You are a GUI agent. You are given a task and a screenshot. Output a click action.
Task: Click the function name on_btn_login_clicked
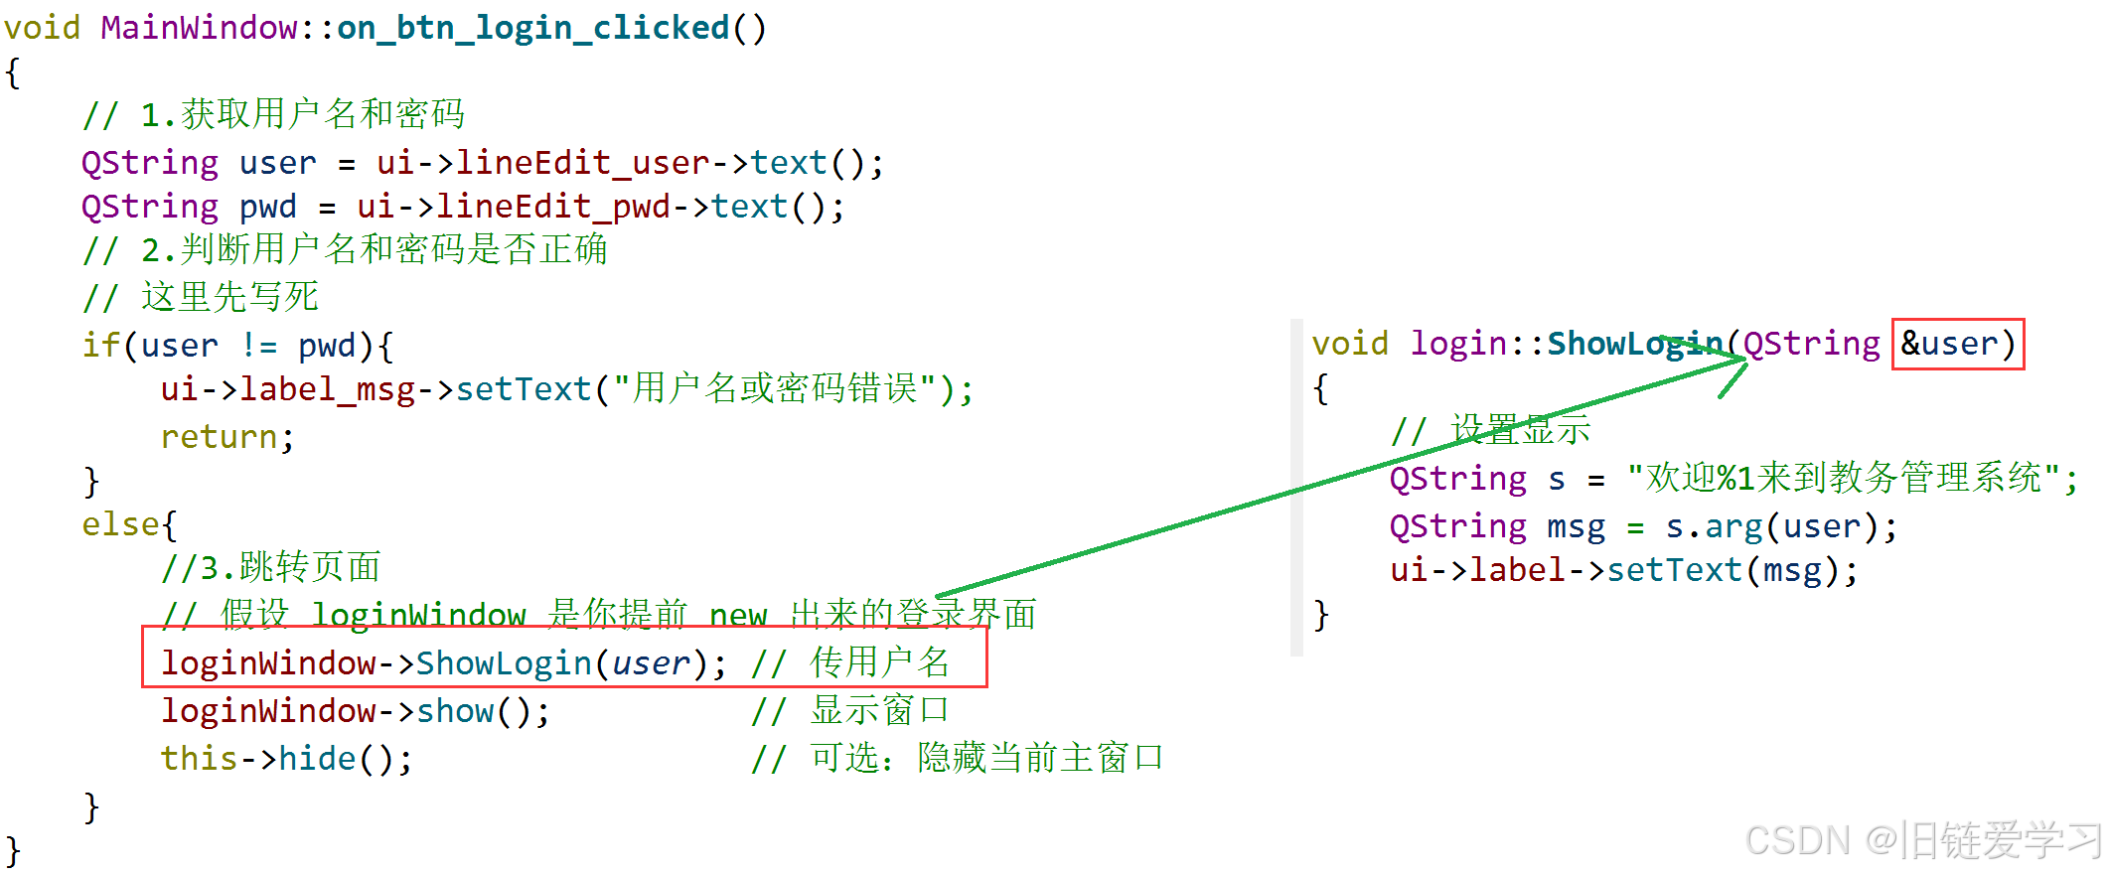pos(532,28)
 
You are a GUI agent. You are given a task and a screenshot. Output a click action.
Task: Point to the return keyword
pos(220,437)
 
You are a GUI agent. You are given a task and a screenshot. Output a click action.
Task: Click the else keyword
pos(120,524)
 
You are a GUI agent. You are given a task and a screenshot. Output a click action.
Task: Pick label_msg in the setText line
pos(327,389)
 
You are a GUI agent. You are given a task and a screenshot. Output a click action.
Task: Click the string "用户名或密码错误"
pos(774,389)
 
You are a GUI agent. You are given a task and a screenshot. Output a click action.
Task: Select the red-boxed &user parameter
pos(1957,344)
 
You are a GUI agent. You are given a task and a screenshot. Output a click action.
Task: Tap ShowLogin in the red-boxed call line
pos(504,662)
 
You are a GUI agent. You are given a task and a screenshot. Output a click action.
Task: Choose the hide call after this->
pos(317,759)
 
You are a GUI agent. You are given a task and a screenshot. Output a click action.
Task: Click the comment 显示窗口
pos(879,710)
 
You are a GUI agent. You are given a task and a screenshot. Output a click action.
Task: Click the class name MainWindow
pos(199,28)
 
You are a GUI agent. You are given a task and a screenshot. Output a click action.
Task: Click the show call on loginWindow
pos(455,711)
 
